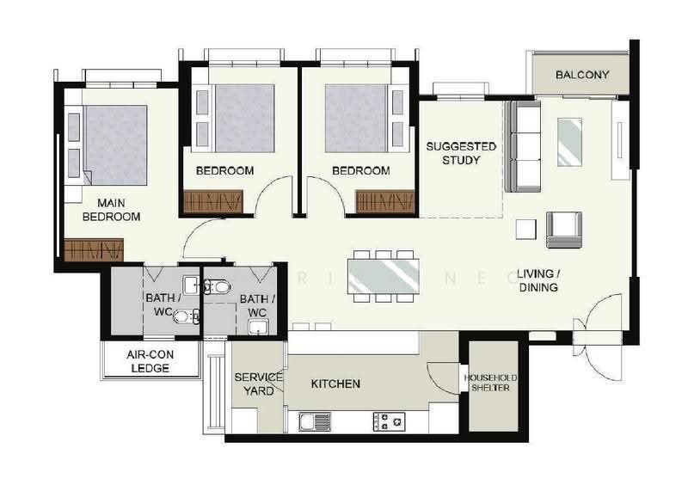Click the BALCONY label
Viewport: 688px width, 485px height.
(582, 75)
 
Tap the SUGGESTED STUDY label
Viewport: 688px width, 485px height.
(461, 153)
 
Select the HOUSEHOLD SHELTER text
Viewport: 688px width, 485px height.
(490, 383)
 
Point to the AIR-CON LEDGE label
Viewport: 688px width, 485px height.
(150, 361)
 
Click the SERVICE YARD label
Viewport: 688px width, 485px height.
(259, 384)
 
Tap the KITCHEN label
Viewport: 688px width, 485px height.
(335, 384)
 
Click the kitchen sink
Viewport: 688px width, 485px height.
(315, 421)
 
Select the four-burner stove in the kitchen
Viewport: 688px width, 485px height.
(389, 421)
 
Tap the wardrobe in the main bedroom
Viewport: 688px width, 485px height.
(94, 249)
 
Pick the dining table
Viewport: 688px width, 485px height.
(383, 277)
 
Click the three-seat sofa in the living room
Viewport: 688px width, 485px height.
(523, 146)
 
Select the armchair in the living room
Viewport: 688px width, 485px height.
(564, 230)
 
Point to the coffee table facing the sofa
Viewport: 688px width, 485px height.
(569, 142)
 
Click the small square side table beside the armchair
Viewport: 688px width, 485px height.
(525, 229)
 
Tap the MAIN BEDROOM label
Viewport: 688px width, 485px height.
(112, 210)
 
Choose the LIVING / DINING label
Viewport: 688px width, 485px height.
(538, 280)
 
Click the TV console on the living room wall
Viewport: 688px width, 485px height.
(620, 140)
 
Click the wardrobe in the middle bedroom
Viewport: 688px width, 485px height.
(213, 201)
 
